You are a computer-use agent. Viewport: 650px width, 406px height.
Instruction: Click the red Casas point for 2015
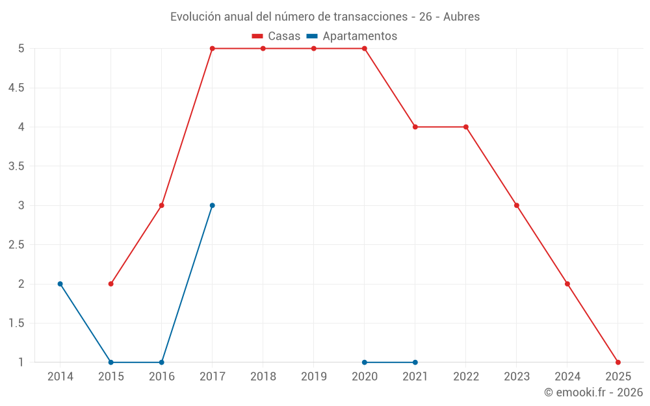tap(111, 284)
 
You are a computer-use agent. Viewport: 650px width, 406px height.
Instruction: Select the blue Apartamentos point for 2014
tap(60, 284)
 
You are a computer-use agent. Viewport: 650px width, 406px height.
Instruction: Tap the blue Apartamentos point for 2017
tap(213, 205)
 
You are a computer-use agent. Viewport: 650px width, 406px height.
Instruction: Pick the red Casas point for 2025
tap(618, 362)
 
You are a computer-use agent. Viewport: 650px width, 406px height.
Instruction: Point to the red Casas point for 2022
tap(466, 127)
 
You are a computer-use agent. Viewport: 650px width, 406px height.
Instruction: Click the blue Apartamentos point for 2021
tap(415, 362)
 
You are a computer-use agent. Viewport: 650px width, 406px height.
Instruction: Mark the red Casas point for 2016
tap(162, 205)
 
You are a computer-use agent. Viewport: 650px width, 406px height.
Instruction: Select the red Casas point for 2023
tap(517, 205)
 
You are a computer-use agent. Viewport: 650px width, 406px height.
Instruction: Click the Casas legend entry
tap(276, 36)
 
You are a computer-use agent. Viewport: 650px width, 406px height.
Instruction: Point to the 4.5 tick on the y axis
tap(16, 88)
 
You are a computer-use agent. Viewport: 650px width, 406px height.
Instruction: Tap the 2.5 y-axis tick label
tap(16, 245)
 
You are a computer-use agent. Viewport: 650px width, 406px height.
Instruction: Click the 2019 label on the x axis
tap(314, 377)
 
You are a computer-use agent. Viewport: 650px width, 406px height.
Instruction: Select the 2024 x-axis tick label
tap(567, 377)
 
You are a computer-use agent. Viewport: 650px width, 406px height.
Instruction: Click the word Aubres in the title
tap(461, 17)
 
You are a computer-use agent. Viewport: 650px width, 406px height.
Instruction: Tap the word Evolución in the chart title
tap(193, 17)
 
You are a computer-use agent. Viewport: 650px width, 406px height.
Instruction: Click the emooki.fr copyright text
tap(593, 392)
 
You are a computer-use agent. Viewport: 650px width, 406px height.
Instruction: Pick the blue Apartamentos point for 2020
tap(365, 362)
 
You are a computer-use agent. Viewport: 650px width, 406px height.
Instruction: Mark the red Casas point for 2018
tap(263, 48)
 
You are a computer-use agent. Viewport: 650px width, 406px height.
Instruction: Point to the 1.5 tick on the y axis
tap(16, 324)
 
